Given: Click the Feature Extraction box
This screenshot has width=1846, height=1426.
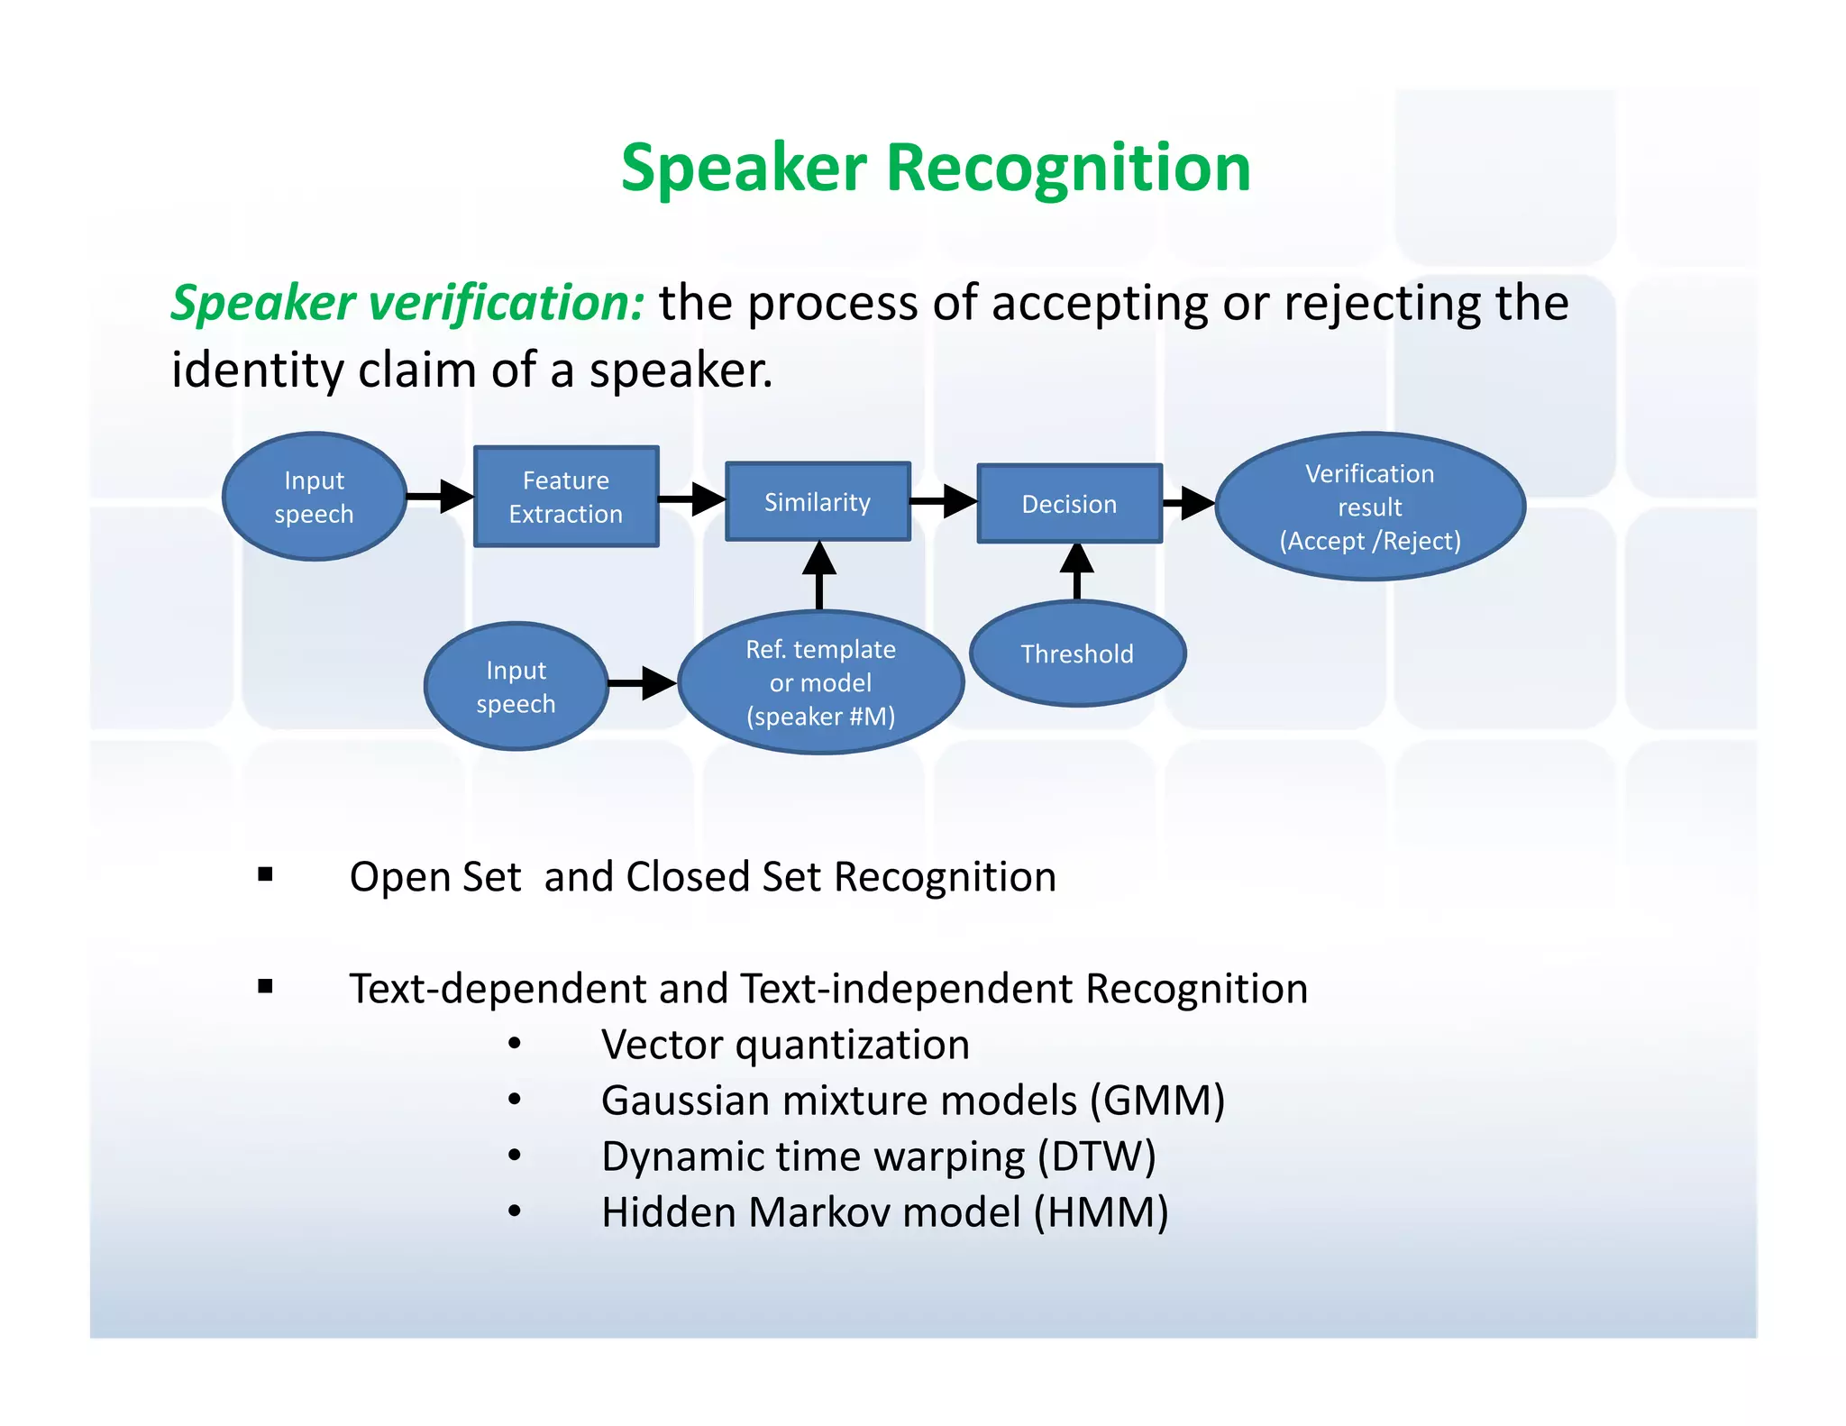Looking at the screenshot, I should (x=566, y=497).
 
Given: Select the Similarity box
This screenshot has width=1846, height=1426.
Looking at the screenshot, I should (x=818, y=502).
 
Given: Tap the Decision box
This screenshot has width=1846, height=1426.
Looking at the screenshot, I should (x=1069, y=504).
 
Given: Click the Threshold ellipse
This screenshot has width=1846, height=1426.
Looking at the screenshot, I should (x=1077, y=654).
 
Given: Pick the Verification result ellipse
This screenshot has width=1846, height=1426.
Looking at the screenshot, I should (x=1369, y=507).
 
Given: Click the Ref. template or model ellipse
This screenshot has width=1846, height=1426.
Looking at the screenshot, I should (x=820, y=682).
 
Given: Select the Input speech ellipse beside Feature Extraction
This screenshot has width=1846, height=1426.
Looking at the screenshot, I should (x=314, y=497).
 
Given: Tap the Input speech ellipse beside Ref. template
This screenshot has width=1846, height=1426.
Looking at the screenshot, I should (x=516, y=686).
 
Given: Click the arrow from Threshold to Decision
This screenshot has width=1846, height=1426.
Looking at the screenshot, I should (x=1077, y=571).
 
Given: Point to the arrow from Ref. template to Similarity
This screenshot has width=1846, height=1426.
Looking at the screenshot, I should (x=819, y=575).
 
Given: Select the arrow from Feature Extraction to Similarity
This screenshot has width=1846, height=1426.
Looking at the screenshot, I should (x=692, y=498).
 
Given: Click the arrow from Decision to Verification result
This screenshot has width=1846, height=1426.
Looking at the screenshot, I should (x=1189, y=503).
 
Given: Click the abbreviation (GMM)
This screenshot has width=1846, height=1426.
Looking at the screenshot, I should (x=1157, y=1101).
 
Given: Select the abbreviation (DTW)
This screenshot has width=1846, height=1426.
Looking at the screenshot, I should (x=1096, y=1156).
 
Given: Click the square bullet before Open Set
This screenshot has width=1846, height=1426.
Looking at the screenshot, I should (x=265, y=874).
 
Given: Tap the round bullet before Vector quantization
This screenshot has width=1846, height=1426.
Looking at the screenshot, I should (x=514, y=1044).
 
